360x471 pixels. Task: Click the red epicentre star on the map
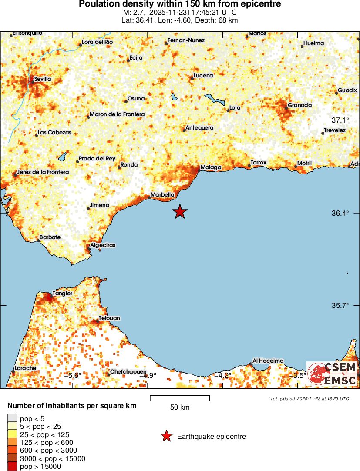click(x=180, y=212)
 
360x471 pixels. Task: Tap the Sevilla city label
click(x=42, y=79)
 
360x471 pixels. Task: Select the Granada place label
click(x=299, y=105)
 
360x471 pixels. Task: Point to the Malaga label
click(x=211, y=167)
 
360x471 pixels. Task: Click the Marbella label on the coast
click(x=162, y=194)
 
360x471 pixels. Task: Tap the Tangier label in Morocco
click(x=62, y=294)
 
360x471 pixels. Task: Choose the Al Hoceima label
click(x=268, y=361)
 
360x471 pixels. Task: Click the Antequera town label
click(x=199, y=128)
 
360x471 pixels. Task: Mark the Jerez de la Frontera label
click(x=43, y=172)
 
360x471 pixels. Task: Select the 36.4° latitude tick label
click(x=340, y=213)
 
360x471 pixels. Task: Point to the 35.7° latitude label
click(x=340, y=305)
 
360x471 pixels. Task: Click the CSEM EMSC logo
click(x=333, y=374)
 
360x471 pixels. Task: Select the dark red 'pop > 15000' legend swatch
click(x=12, y=466)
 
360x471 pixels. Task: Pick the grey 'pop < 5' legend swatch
click(x=12, y=418)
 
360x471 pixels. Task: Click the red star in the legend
click(x=166, y=436)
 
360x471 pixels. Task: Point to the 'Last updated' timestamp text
click(x=308, y=398)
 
